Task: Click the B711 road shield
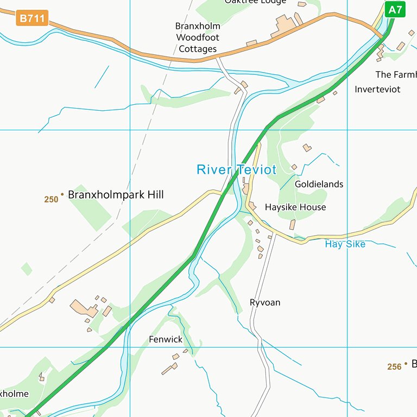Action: [32, 18]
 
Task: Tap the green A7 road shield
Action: [395, 9]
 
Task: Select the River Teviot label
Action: [236, 169]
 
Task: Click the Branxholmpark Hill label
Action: [116, 194]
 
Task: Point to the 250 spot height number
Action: [51, 199]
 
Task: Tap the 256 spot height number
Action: [394, 367]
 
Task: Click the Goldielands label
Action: [319, 184]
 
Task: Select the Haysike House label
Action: [295, 207]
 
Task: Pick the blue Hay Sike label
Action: [345, 244]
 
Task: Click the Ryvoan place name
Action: [265, 302]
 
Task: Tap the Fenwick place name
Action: [166, 339]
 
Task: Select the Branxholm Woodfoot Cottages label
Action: [198, 37]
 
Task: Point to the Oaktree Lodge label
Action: [255, 2]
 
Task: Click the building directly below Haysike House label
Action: [293, 224]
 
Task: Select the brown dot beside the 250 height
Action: [62, 194]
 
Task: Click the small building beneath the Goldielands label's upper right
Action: [307, 147]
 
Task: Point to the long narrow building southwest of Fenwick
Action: [169, 369]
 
